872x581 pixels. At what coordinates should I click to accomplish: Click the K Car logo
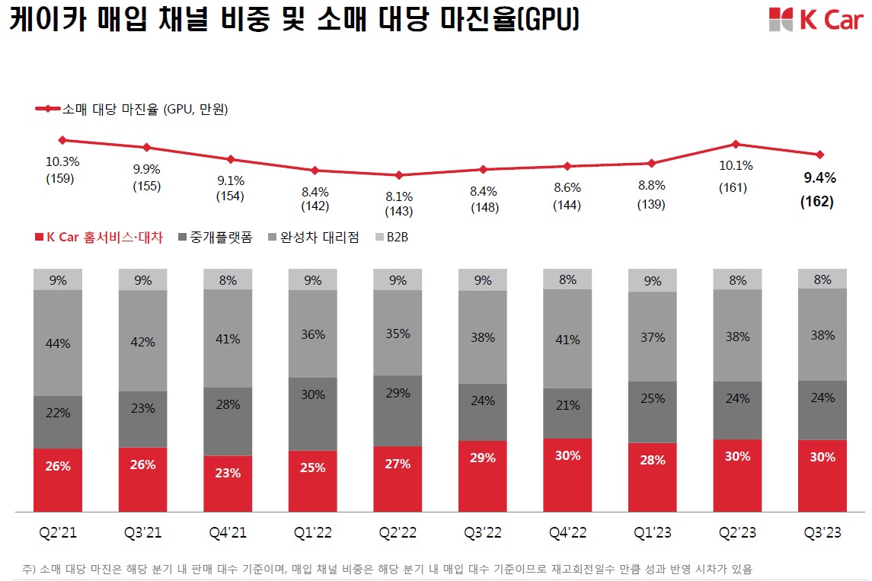[815, 19]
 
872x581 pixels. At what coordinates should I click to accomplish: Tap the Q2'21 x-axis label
[57, 533]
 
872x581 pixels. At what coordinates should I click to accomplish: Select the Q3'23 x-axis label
[822, 533]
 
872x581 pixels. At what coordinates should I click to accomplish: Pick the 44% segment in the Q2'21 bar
[57, 343]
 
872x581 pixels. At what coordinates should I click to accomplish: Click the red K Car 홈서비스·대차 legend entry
[99, 238]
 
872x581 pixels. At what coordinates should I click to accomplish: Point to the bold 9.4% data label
[820, 179]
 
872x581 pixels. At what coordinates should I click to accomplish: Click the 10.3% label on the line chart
[62, 161]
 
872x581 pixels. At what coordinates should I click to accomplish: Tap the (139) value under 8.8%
[652, 204]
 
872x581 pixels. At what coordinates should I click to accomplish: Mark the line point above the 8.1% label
[399, 175]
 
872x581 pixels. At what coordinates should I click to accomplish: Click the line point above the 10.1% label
[735, 144]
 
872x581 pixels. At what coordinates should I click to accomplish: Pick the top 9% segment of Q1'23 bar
[653, 281]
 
